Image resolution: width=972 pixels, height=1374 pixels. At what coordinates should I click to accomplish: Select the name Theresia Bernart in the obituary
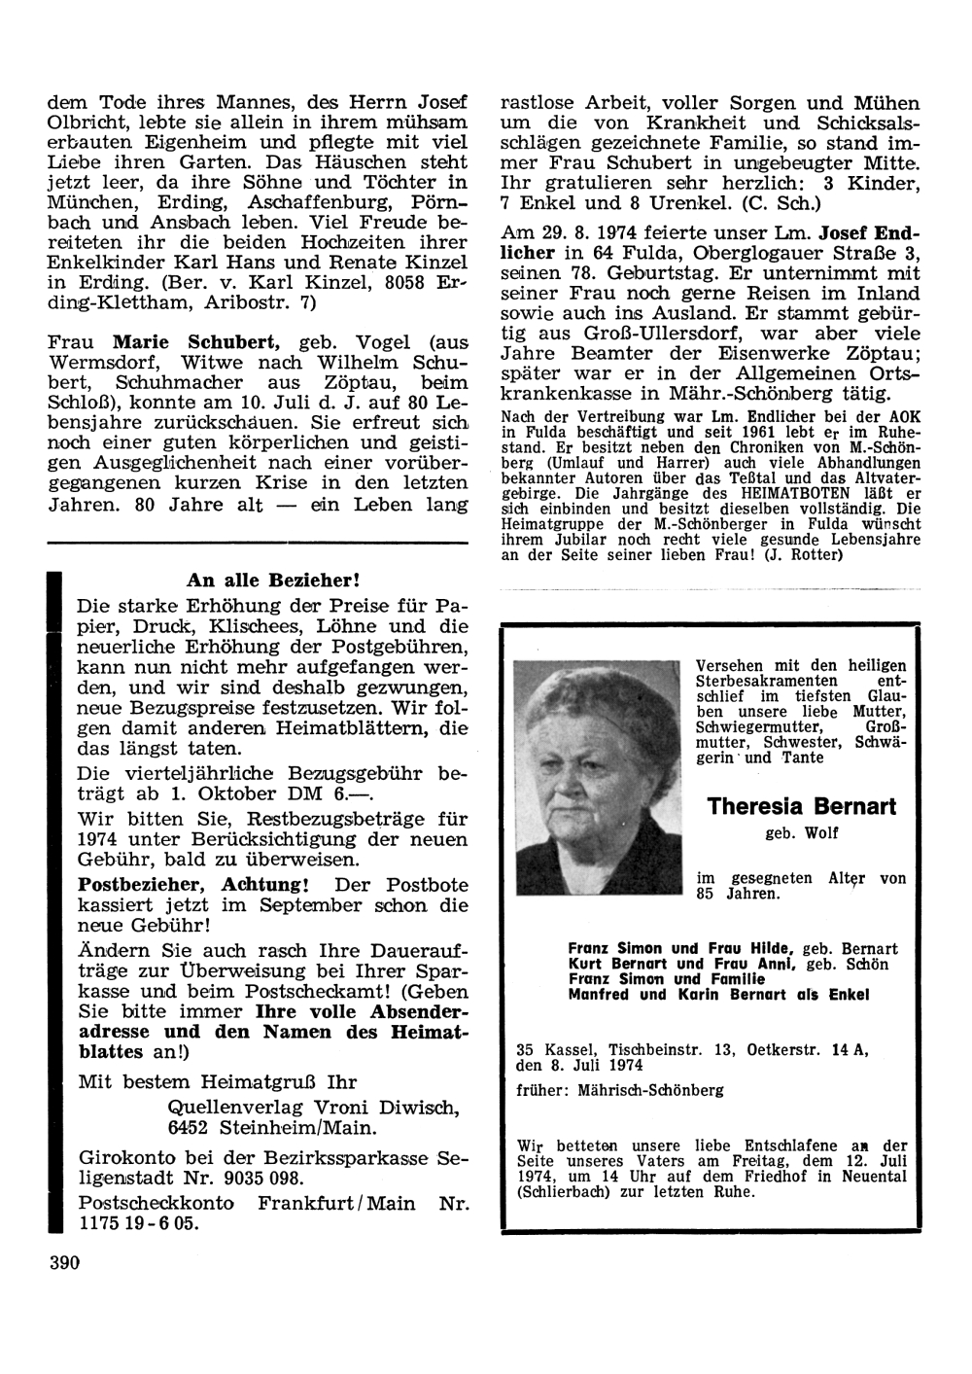click(802, 806)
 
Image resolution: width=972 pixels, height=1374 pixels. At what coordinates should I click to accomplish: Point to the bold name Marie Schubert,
click(196, 341)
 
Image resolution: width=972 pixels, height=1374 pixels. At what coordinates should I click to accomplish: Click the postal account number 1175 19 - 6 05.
click(138, 1223)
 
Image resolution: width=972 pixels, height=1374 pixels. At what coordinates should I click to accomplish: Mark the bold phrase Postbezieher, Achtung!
click(193, 885)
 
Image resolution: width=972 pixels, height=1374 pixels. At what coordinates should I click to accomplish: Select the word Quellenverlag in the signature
click(229, 1108)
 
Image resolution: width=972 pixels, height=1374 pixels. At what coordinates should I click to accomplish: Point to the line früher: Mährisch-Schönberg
click(620, 1090)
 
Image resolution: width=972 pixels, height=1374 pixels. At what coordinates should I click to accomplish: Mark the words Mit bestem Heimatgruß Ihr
click(217, 1081)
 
